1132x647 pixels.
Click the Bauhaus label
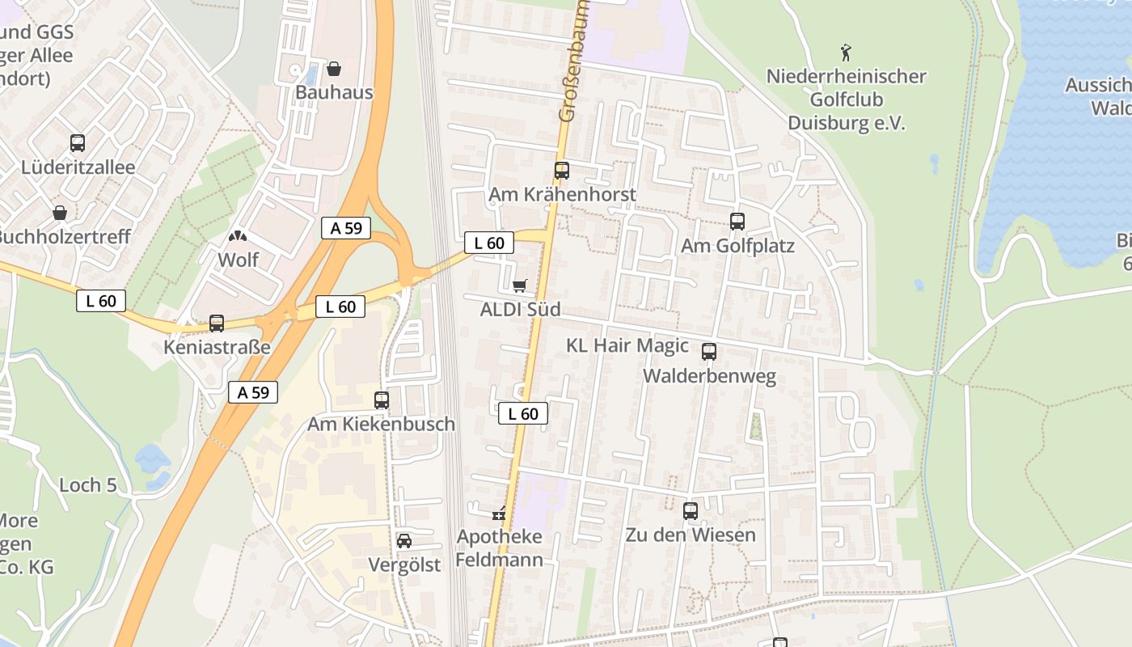coord(334,92)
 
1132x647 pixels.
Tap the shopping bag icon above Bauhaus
coord(334,69)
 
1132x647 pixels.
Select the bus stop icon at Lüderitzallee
coord(78,143)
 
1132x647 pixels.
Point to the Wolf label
coord(239,260)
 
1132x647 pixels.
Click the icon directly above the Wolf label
coord(239,237)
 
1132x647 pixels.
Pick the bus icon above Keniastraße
coord(217,323)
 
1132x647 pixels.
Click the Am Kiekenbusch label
coord(381,424)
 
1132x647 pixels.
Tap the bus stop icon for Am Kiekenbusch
coord(382,400)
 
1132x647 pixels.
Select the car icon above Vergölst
coord(404,540)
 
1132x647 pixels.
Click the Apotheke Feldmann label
coord(499,548)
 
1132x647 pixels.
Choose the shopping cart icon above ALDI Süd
coord(520,285)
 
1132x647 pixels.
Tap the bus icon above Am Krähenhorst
coord(562,171)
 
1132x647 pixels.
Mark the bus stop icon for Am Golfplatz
coord(737,222)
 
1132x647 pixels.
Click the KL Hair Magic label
coord(627,345)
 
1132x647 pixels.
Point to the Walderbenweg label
coord(709,376)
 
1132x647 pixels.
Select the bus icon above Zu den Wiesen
coord(691,511)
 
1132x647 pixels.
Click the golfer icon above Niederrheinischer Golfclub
coord(846,53)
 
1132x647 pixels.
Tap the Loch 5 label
coord(88,485)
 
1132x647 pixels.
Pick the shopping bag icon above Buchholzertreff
coord(60,213)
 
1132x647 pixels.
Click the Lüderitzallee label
coord(78,167)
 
